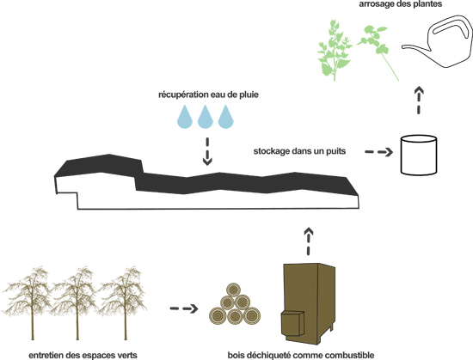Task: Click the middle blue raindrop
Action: click(x=206, y=117)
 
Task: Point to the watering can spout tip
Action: click(x=402, y=47)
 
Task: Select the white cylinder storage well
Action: click(x=419, y=156)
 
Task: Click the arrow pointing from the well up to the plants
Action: click(x=419, y=101)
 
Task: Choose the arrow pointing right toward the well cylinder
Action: click(x=379, y=152)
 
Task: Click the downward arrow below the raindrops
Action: click(x=207, y=151)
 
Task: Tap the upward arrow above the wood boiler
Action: click(x=308, y=241)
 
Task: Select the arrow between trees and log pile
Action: click(x=184, y=308)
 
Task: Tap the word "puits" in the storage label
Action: click(x=335, y=151)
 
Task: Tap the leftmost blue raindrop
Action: click(x=185, y=117)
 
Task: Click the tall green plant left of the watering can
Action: click(x=334, y=51)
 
